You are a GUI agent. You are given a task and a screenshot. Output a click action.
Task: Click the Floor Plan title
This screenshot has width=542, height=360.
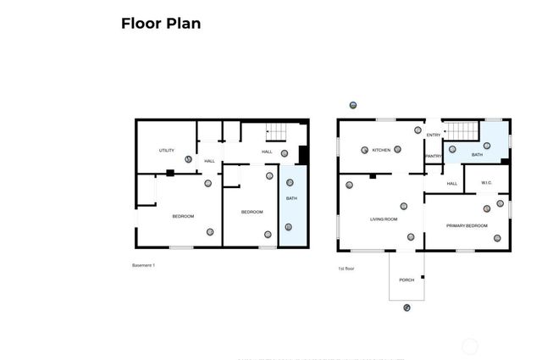point(161,24)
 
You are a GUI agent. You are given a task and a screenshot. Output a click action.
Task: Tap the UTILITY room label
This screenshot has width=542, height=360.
point(167,151)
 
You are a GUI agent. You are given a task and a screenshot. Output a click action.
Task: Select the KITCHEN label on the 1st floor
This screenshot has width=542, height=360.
point(381,151)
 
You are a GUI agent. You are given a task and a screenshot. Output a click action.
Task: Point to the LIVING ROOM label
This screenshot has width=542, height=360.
point(384,219)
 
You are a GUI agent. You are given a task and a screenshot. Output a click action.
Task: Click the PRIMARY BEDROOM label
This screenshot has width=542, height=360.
point(467,225)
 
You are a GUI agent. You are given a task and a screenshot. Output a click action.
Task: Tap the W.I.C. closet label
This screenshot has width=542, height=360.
point(487,183)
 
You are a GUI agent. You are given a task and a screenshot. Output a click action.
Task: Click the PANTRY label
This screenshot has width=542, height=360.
point(434,156)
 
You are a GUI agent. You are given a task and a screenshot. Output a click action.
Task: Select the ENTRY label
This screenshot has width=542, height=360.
point(434,135)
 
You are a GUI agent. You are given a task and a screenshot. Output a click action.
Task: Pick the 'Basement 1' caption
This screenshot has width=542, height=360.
point(143,266)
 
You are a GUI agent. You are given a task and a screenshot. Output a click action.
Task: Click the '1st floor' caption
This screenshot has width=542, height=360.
point(346,269)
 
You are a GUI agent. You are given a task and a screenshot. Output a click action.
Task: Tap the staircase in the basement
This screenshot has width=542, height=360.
point(278,132)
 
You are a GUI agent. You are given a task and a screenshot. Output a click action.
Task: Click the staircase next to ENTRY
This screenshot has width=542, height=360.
point(462,131)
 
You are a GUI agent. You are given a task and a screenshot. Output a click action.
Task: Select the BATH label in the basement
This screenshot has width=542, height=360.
point(291,198)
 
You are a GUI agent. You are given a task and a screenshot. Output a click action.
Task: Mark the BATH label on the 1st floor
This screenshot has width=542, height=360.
point(477,155)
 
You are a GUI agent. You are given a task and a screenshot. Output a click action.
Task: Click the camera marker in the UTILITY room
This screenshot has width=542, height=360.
point(188,158)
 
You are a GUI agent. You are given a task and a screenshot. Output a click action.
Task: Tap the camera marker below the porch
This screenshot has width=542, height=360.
point(406,307)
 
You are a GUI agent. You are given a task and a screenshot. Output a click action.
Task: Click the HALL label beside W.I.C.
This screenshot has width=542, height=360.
point(452,183)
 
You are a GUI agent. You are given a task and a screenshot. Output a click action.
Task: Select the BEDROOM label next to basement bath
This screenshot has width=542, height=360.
point(252,212)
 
